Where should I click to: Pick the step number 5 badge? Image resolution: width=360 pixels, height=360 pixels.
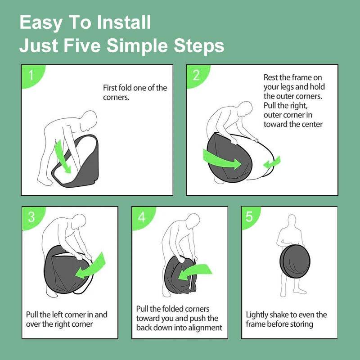[250, 217]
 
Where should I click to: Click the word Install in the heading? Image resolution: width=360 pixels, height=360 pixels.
[124, 22]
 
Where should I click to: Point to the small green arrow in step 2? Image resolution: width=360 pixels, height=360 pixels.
[272, 163]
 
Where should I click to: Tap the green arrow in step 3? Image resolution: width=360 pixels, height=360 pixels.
[91, 266]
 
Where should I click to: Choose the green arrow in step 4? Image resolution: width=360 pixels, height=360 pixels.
[195, 272]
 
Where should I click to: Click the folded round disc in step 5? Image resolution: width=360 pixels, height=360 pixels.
[295, 261]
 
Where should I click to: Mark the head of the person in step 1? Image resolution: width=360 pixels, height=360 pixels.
[90, 121]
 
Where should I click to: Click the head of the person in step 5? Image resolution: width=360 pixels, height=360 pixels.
[292, 220]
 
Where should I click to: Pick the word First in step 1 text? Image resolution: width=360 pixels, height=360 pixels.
[110, 88]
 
